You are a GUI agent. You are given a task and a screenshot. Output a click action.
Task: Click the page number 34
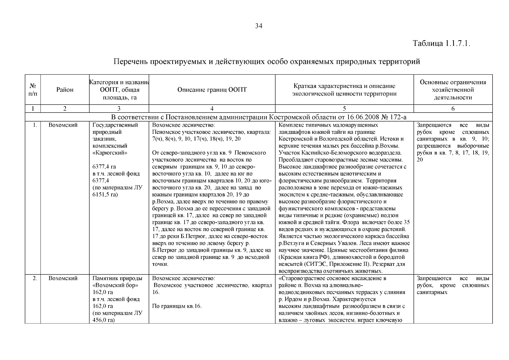(259, 26)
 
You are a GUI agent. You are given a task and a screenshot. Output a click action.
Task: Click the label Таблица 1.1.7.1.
(441, 43)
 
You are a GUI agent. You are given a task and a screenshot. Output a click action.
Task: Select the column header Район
(65, 90)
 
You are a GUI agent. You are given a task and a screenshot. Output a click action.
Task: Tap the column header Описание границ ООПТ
(212, 90)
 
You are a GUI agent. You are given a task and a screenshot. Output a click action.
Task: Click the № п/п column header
(33, 90)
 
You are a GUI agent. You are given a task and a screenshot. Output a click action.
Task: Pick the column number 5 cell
(344, 109)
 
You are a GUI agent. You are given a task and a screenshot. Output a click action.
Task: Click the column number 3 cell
(119, 109)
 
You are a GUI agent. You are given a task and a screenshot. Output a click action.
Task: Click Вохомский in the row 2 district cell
(63, 278)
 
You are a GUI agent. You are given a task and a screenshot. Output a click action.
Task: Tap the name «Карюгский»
(110, 153)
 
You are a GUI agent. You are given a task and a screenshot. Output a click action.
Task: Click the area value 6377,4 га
(104, 167)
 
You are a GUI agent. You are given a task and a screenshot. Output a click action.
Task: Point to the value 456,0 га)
(104, 320)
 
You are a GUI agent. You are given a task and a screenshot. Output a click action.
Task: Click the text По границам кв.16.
(177, 306)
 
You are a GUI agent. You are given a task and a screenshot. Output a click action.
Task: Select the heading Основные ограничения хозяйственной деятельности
(453, 90)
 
